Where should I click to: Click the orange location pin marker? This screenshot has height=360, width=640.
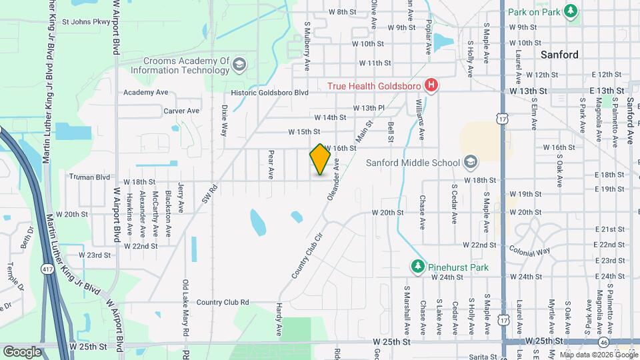click(321, 159)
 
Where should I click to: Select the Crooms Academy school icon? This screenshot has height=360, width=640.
click(239, 65)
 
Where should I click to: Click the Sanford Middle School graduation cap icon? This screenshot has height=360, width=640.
click(471, 162)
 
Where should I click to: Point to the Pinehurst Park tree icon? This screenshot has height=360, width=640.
click(418, 267)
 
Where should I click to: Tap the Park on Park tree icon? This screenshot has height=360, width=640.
click(570, 11)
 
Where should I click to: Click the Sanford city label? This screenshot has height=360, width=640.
click(559, 55)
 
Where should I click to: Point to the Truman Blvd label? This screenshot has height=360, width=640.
click(89, 177)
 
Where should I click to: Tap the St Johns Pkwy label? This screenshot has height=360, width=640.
click(85, 21)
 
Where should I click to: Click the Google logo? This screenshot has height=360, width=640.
click(22, 351)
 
